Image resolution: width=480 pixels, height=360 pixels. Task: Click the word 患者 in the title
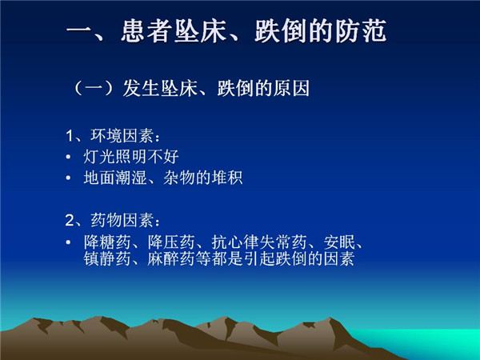pos(146,31)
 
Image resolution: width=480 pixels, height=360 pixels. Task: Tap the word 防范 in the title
pos(361,31)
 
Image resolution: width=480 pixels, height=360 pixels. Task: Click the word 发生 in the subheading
pos(141,89)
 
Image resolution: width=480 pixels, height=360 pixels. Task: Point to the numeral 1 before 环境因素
pos(70,136)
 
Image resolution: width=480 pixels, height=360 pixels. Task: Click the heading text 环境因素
pos(122,136)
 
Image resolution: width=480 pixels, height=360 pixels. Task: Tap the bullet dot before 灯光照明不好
pos(68,157)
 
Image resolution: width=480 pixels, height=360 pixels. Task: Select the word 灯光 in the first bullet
pos(99,157)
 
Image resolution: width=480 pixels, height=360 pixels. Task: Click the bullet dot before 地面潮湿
pos(68,178)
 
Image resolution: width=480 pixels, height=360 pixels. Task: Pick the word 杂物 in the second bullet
pos(178,178)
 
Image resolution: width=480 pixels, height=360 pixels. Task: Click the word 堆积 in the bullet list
pos(227,178)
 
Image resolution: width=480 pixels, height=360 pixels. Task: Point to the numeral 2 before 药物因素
pos(70,221)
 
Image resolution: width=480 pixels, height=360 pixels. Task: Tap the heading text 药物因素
pos(122,221)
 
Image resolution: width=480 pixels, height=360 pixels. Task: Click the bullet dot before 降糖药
pos(68,242)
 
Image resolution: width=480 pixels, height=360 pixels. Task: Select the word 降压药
pos(171,242)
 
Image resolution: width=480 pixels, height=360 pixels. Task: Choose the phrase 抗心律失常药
pos(259,242)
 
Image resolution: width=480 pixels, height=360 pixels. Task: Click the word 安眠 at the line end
pos(339,242)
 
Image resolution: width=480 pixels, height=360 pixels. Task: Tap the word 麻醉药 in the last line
pos(171,258)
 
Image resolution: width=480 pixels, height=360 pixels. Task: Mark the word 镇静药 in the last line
pos(107,258)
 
